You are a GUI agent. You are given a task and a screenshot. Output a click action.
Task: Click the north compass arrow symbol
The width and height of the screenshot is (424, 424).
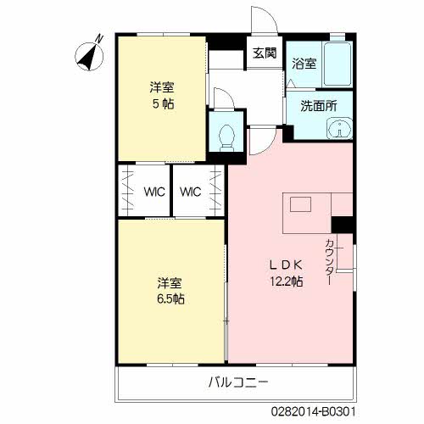89,57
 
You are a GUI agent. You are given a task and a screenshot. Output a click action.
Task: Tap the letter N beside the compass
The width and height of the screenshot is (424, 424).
98,38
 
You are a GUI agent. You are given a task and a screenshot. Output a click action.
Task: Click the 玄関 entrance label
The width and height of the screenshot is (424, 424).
265,53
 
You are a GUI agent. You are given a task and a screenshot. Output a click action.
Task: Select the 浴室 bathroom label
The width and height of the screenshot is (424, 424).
304,64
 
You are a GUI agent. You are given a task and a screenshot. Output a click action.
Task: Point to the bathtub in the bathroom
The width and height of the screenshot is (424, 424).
338,64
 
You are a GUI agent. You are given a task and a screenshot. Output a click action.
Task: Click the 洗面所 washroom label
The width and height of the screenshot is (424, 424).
318,106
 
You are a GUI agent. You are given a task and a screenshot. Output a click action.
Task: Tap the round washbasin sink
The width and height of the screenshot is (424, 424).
339,129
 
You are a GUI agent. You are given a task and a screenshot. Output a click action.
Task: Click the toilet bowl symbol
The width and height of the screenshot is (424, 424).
226,137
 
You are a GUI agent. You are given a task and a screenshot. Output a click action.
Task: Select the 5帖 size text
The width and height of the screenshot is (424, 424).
163,104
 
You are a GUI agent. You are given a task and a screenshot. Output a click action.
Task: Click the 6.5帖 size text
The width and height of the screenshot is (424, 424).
170,298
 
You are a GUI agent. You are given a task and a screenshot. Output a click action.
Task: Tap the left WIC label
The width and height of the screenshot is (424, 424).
154,192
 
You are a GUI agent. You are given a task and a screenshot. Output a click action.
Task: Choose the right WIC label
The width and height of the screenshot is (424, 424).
191,192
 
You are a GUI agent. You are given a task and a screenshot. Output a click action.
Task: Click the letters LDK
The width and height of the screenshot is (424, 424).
286,265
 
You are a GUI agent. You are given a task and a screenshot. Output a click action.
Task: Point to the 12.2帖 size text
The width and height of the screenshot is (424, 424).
287,282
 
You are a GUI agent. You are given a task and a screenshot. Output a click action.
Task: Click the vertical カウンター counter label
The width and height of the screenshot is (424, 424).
330,262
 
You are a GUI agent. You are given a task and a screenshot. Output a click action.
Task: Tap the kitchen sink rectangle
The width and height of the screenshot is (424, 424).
300,204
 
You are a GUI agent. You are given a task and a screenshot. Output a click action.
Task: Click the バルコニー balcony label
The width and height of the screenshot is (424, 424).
238,382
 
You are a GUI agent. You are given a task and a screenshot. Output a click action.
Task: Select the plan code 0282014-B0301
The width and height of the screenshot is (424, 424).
314,411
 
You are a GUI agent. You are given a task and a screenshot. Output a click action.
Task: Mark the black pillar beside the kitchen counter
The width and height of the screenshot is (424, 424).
342,225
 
